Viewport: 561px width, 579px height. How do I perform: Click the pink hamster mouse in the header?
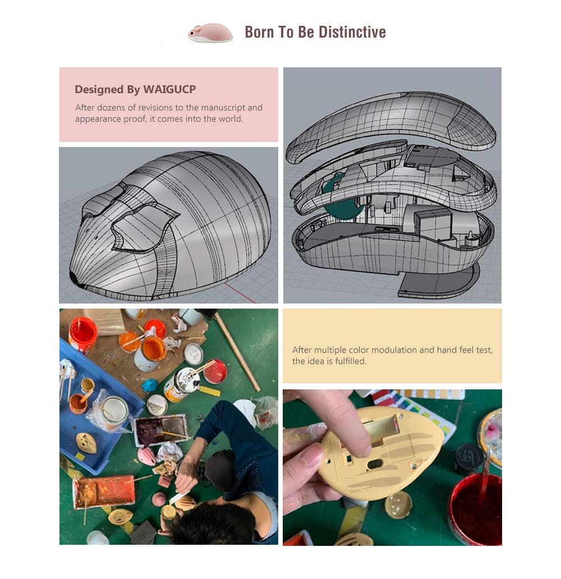(210, 33)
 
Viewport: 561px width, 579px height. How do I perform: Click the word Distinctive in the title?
(352, 32)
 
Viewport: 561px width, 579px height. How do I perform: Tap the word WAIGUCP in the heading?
(169, 89)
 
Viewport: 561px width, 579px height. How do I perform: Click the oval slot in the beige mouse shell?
(375, 464)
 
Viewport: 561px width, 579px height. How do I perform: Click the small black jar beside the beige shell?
(468, 459)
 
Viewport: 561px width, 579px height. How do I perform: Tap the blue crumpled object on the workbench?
(149, 385)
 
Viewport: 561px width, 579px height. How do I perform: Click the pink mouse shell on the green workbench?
(147, 456)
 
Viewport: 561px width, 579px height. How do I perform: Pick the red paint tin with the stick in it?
(214, 371)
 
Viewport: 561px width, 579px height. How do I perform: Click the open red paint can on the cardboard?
(82, 334)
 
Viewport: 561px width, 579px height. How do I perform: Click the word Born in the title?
(259, 32)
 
